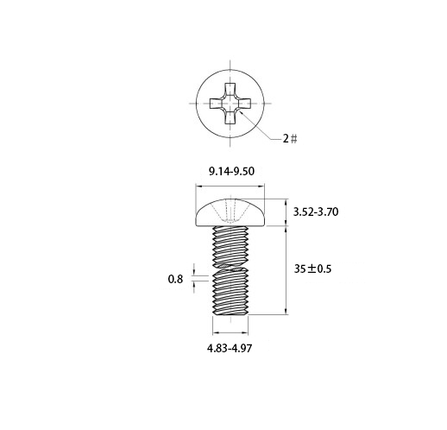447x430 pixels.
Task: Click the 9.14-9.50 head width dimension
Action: [231, 172]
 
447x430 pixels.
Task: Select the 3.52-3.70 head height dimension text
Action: [316, 212]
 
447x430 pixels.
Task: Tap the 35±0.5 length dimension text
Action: [312, 269]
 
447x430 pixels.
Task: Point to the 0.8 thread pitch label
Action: [175, 279]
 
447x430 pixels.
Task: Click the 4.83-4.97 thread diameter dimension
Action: [230, 349]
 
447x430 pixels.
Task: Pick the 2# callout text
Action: [290, 139]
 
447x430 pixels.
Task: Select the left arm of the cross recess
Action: [216, 104]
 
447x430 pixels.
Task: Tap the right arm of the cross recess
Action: [245, 104]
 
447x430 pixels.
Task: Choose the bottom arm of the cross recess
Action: [230, 118]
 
